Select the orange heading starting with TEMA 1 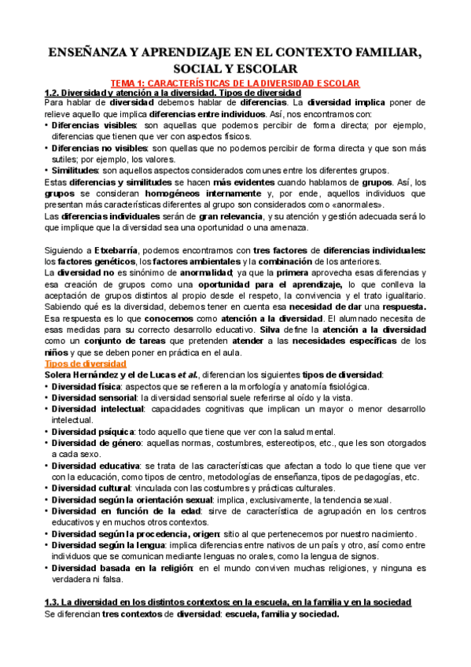tap(234, 83)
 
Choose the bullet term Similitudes tap(74, 170)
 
